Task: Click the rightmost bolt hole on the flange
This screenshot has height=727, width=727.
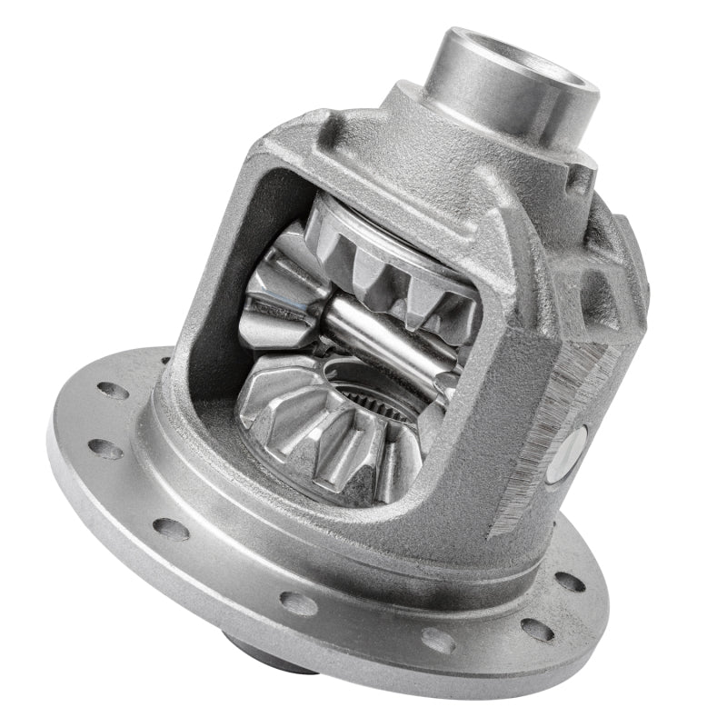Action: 570,582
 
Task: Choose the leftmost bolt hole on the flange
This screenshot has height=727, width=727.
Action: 105,449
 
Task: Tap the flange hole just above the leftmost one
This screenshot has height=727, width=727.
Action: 114,390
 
